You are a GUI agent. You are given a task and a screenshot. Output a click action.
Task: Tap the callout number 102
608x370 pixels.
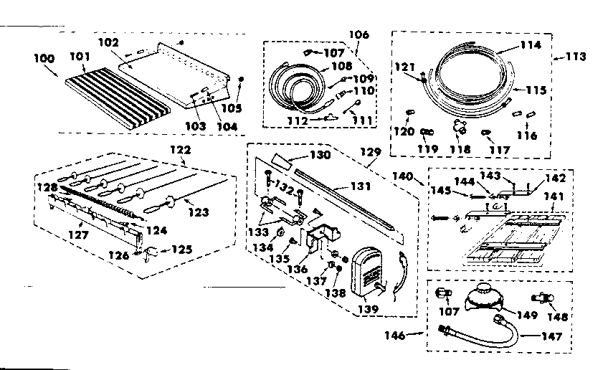(x=108, y=42)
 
